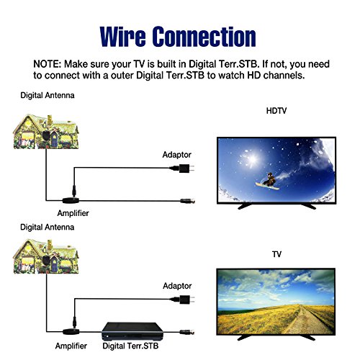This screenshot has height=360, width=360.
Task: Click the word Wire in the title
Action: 122,37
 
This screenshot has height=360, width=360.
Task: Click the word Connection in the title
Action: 204,37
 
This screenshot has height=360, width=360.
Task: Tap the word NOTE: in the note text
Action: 48,64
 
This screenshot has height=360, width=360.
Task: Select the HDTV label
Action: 276,111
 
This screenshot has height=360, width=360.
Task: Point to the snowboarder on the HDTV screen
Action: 269,181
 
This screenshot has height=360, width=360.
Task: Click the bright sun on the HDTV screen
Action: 252,158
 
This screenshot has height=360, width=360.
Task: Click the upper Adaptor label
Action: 177,155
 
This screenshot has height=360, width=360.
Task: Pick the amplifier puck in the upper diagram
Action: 71,200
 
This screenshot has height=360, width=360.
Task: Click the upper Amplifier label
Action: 73,213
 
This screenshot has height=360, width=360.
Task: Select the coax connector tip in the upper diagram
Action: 188,201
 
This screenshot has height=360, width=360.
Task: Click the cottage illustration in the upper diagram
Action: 46,132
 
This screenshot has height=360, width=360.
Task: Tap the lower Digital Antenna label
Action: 48,227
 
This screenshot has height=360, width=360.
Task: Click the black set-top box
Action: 132,331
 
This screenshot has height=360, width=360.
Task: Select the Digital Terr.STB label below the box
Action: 130,346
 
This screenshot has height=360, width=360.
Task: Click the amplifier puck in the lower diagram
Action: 71,332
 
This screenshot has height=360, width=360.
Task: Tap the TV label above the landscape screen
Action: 276,254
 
